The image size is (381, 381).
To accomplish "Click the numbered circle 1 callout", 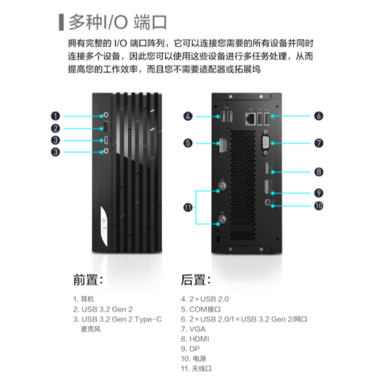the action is [x=56, y=116].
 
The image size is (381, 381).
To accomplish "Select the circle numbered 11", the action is [x=189, y=207].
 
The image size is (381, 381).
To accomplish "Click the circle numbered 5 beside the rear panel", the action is [x=189, y=142].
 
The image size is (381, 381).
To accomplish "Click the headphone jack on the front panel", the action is [x=106, y=115].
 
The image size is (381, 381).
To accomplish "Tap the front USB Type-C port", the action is [x=106, y=140].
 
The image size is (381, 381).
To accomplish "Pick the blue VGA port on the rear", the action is [x=264, y=142].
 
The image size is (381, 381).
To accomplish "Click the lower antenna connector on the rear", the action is [x=221, y=220].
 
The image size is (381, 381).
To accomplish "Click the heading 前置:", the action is [x=88, y=280].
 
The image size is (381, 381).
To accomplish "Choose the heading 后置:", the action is [x=195, y=280].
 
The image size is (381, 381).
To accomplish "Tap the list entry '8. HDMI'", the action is [x=195, y=339].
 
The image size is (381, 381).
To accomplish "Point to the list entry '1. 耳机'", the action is [x=84, y=299].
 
